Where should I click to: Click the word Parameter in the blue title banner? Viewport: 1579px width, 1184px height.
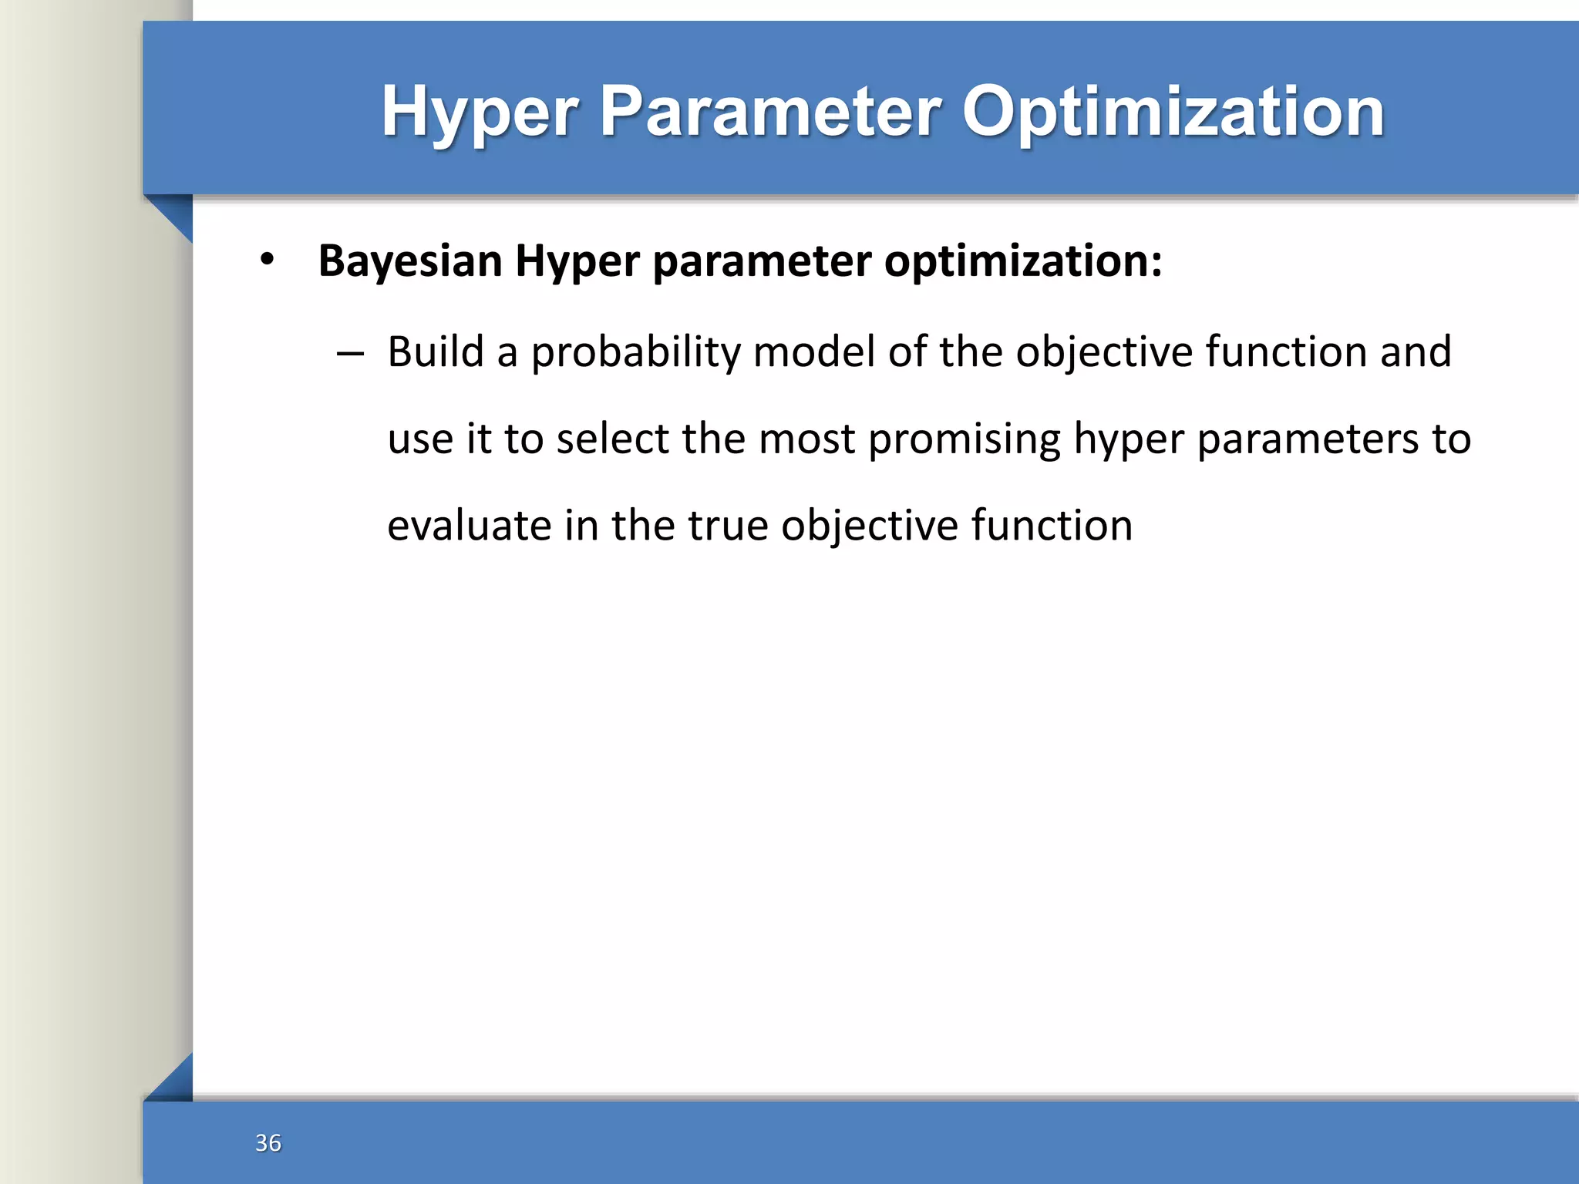click(770, 112)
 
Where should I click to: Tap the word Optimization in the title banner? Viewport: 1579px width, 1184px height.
click(1173, 112)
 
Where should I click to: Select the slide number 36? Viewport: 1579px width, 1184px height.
click(268, 1142)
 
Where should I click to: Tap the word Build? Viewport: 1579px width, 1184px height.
click(435, 351)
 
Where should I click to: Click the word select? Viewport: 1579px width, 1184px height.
click(613, 439)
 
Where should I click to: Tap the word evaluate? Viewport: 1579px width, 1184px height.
click(470, 526)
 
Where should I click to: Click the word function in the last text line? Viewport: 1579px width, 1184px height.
click(1052, 526)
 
